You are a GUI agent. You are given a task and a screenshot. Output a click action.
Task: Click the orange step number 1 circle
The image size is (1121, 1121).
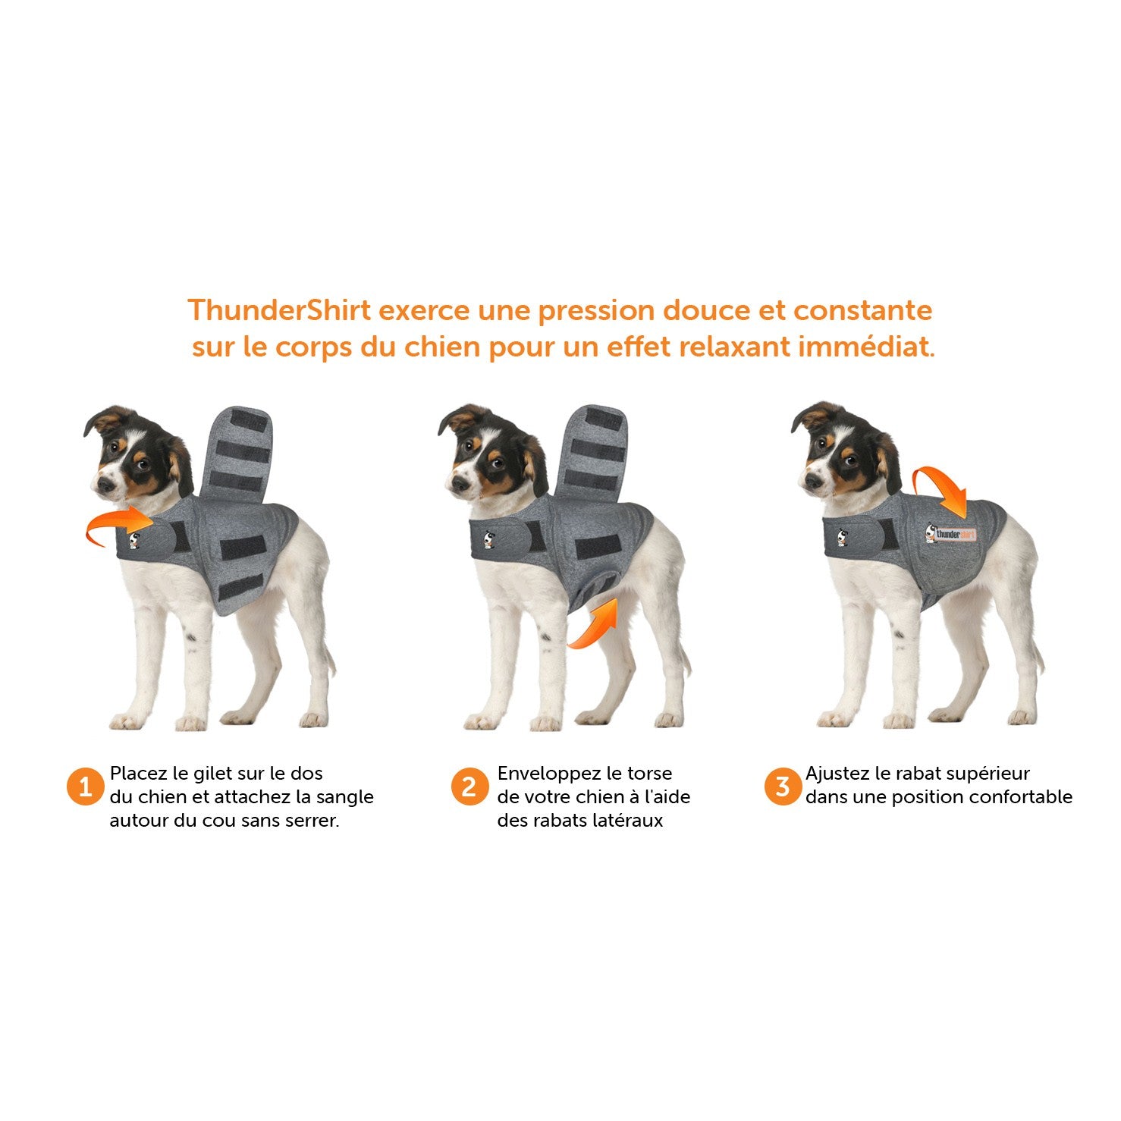85,787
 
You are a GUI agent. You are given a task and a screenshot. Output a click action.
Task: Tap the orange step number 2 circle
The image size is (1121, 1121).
469,787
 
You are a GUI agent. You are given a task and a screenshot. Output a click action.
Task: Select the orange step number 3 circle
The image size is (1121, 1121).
782,787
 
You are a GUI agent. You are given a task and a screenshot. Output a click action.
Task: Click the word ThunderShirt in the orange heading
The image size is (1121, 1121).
279,311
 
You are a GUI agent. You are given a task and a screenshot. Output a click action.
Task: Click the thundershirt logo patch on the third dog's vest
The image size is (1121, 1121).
951,534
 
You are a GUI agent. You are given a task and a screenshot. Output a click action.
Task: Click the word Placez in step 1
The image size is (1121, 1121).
138,774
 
